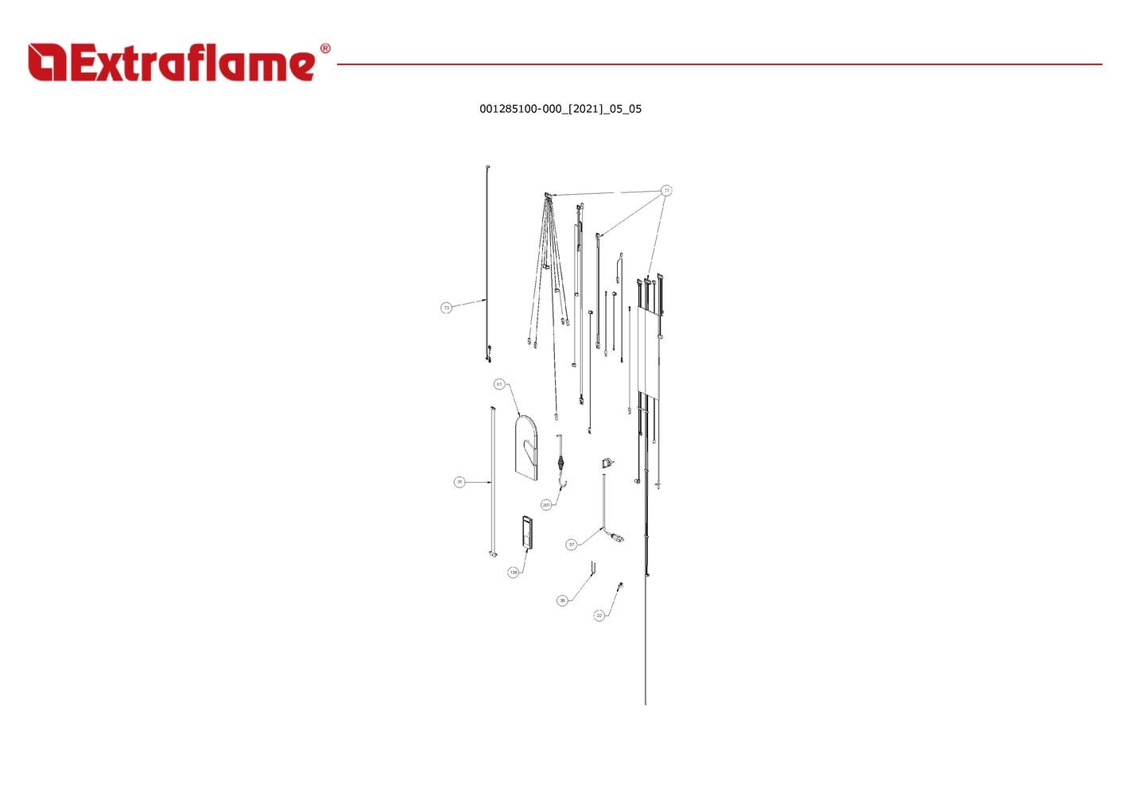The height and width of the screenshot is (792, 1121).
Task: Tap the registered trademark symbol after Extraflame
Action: click(x=325, y=49)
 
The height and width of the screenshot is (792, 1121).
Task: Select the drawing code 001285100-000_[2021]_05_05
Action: click(x=560, y=109)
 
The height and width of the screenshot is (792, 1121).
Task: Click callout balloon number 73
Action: click(x=446, y=308)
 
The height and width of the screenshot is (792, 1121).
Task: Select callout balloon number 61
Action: click(x=499, y=384)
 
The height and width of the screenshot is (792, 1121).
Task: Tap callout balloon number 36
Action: click(x=460, y=482)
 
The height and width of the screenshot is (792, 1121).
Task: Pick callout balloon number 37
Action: click(x=571, y=545)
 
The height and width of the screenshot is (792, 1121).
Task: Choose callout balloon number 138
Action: click(x=513, y=573)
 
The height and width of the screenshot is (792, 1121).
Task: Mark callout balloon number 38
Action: click(x=562, y=600)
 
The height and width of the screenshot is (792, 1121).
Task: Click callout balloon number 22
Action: click(x=599, y=615)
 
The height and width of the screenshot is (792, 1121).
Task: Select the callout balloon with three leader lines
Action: click(x=666, y=191)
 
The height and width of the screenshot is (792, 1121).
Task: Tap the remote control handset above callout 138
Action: click(x=526, y=532)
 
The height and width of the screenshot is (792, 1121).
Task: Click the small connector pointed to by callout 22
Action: click(x=620, y=585)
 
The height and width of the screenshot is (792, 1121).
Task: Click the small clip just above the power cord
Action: click(x=607, y=463)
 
